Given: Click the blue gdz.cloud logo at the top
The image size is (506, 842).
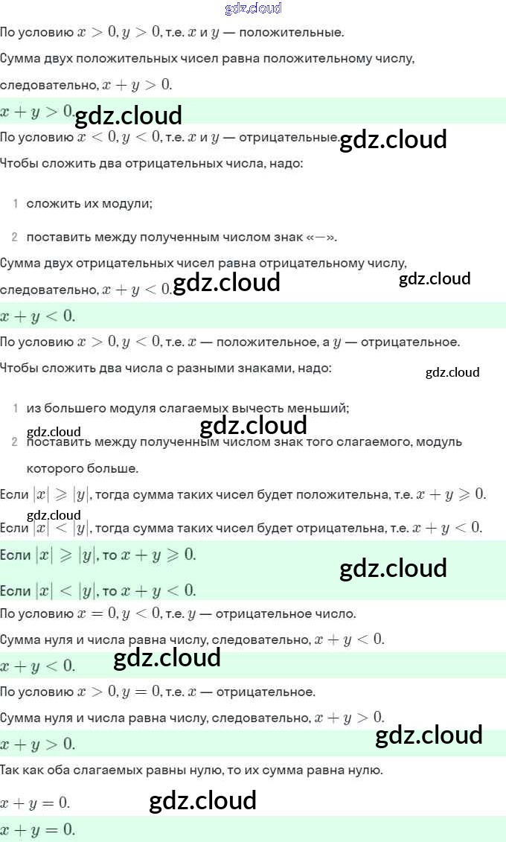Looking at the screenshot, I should (253, 8).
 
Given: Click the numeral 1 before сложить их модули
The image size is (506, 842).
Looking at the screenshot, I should (15, 203).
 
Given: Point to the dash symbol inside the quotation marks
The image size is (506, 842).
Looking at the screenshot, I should (321, 237).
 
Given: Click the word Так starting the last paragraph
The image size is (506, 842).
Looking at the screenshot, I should (10, 770).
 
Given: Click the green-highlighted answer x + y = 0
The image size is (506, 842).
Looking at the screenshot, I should (38, 829).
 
